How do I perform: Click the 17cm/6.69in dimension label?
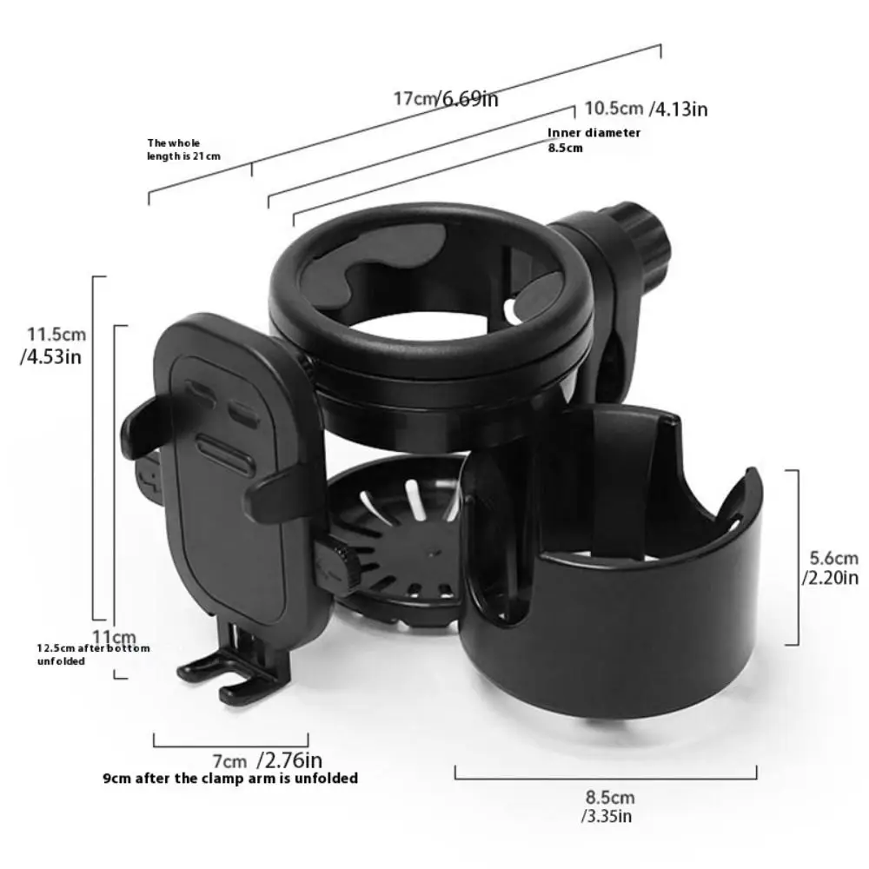tap(446, 97)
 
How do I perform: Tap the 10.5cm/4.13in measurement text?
tap(645, 109)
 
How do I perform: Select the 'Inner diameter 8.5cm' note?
tap(594, 140)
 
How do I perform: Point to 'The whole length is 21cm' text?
tap(183, 149)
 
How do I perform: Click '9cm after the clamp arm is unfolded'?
tap(230, 779)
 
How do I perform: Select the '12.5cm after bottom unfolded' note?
tap(92, 654)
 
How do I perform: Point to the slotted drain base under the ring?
tap(400, 539)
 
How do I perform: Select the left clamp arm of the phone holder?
tap(143, 426)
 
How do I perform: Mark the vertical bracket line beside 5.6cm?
tap(796, 556)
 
